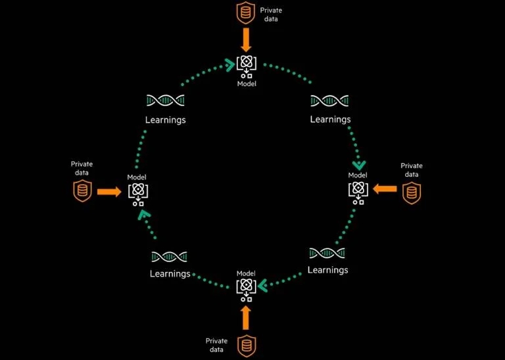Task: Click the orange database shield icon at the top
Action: point(246,12)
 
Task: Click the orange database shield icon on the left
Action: point(82,192)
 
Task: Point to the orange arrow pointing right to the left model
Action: point(108,192)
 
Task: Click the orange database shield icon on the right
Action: point(411,192)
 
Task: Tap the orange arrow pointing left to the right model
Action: point(385,189)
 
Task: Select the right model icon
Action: point(358,191)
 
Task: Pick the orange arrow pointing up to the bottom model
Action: point(246,317)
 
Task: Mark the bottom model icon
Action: point(246,288)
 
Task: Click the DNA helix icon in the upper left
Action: point(165,101)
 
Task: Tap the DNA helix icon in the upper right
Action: point(329,101)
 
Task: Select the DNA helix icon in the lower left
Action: point(170,256)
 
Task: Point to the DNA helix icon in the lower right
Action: point(327,253)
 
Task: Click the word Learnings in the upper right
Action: point(330,120)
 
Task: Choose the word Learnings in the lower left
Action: point(170,273)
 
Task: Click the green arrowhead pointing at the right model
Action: point(359,165)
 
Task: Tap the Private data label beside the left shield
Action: point(82,168)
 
